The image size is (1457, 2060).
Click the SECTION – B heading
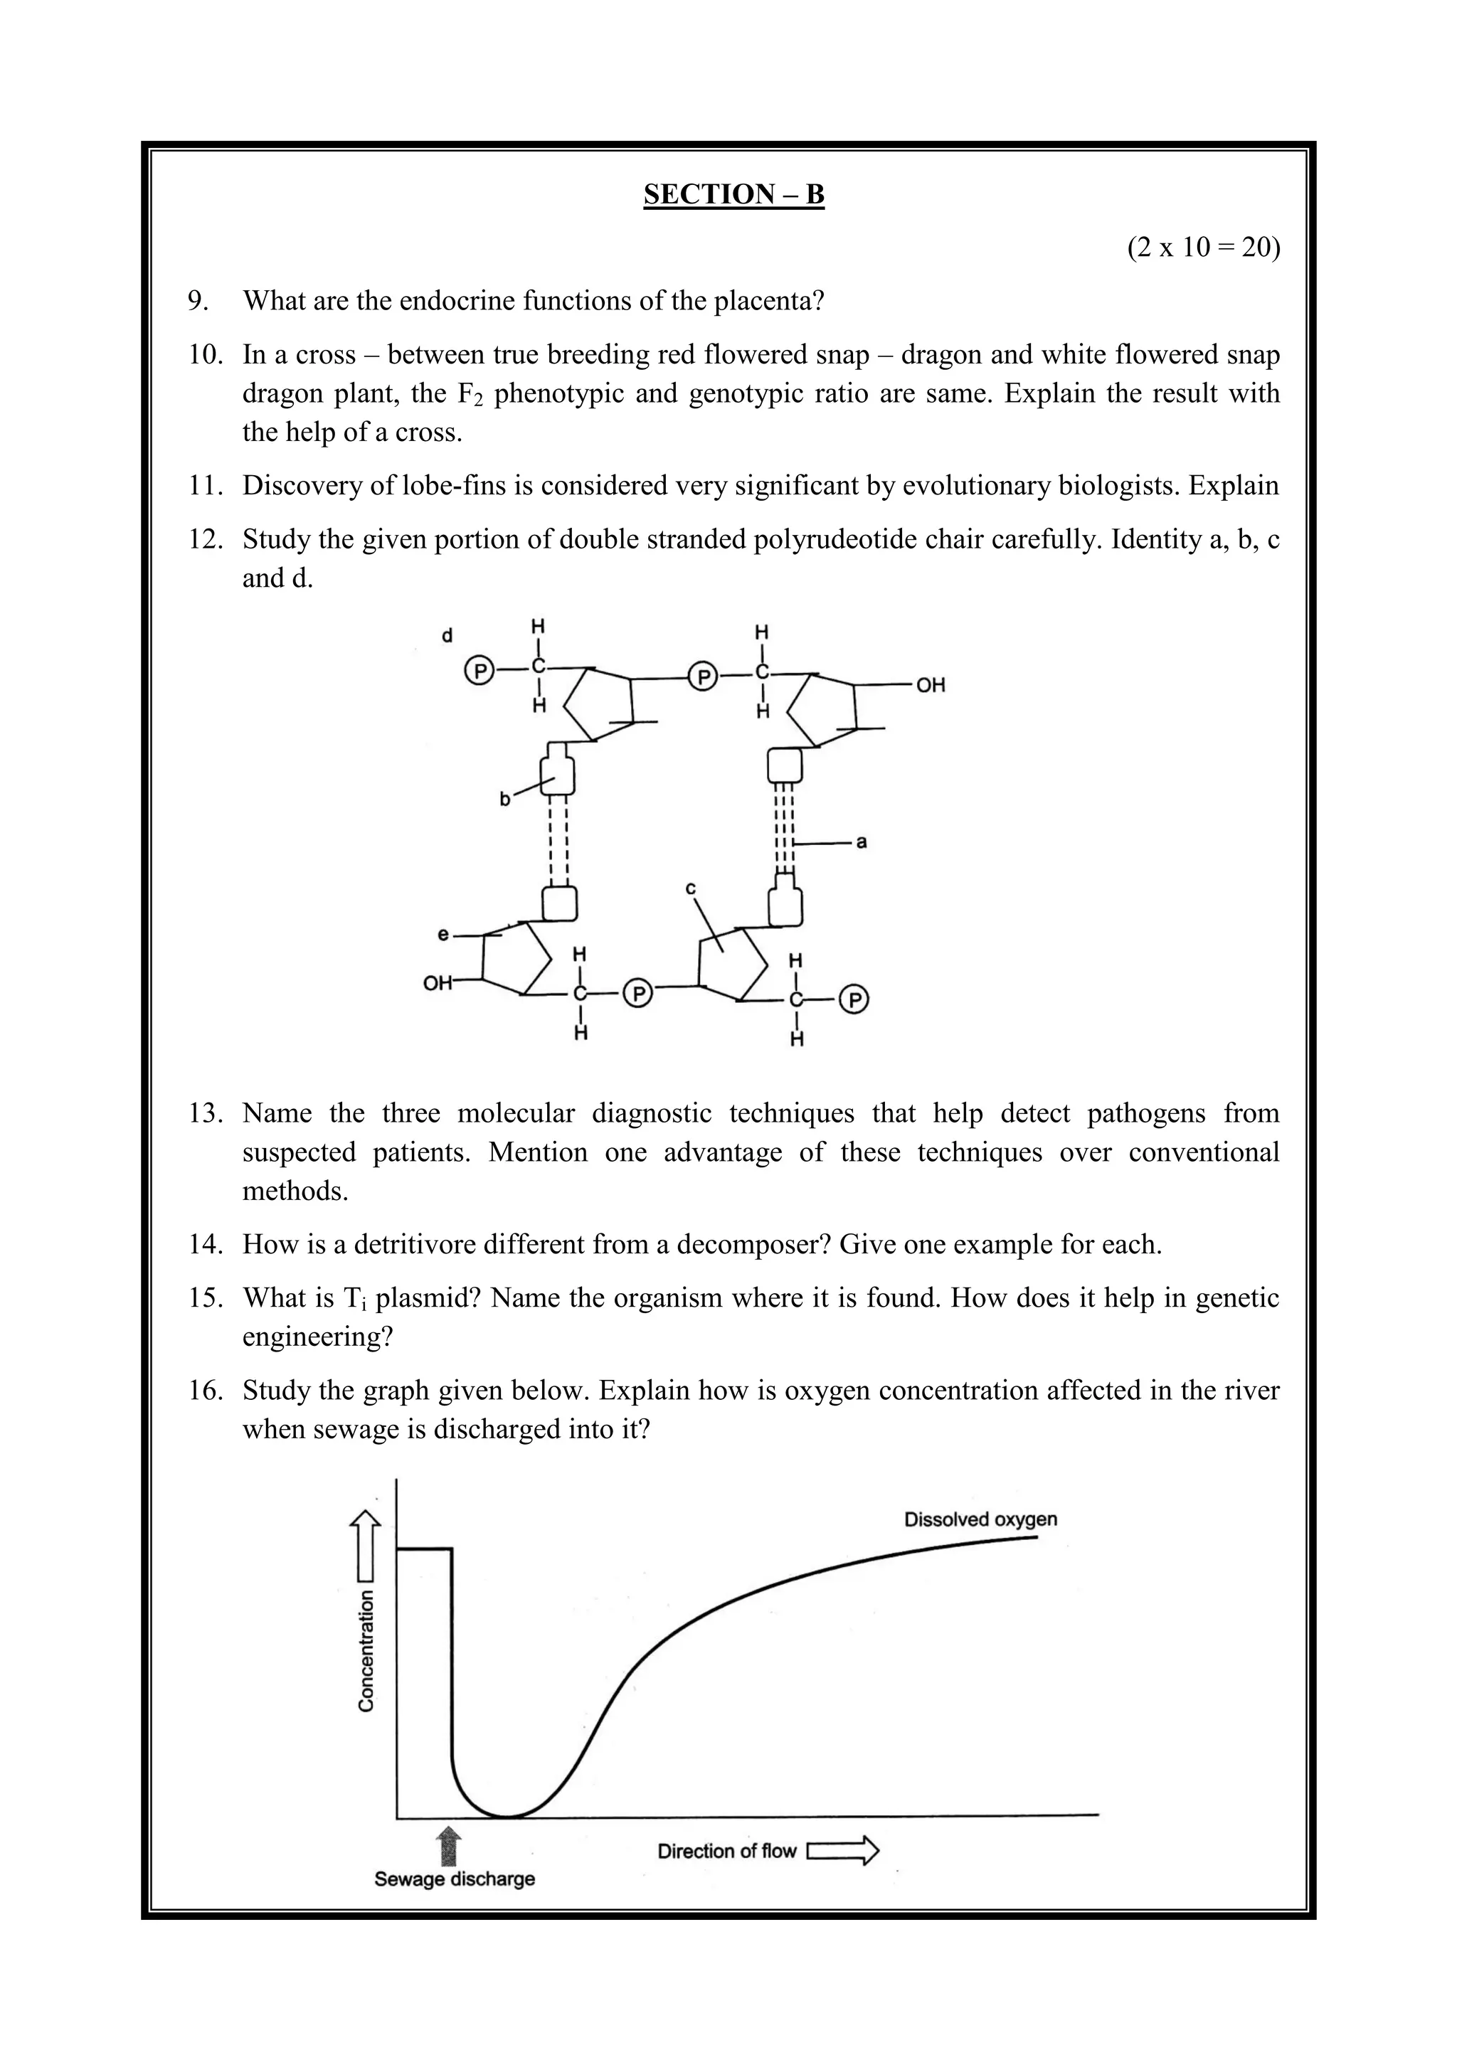tap(733, 195)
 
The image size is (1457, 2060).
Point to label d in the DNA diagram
tap(447, 636)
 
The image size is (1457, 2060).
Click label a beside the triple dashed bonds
tap(862, 842)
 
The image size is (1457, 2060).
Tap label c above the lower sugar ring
tap(691, 888)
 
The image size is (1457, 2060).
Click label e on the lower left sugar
tap(443, 935)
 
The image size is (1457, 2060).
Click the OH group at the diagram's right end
tap(931, 686)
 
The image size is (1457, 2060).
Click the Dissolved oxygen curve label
tap(980, 1519)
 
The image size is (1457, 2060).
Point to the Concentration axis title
tap(366, 1650)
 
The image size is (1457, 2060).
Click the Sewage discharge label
tap(454, 1879)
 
